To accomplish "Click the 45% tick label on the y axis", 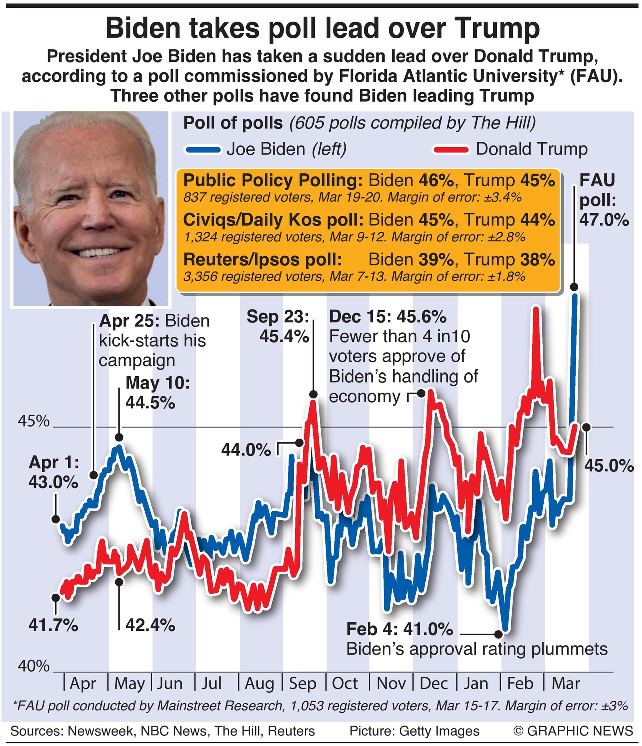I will click(x=34, y=421).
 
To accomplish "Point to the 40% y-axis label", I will click(x=34, y=666).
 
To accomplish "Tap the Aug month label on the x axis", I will click(x=259, y=683).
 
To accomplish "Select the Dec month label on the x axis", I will click(x=433, y=683).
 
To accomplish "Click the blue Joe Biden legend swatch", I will click(x=203, y=150).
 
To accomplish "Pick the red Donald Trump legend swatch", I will click(x=452, y=150).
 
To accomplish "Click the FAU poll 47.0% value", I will click(x=604, y=220).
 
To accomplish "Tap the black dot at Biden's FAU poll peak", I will click(x=574, y=287).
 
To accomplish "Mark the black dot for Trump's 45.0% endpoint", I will click(x=586, y=427).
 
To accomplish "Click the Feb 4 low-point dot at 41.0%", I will click(x=498, y=633).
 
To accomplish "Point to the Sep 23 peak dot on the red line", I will click(x=313, y=394).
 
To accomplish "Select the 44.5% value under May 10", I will click(x=150, y=402).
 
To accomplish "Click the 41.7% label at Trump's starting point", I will click(x=53, y=625).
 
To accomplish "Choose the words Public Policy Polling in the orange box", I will click(x=273, y=180).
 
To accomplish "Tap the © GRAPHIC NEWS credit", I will click(x=573, y=731).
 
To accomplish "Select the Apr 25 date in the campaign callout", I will click(x=130, y=321).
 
